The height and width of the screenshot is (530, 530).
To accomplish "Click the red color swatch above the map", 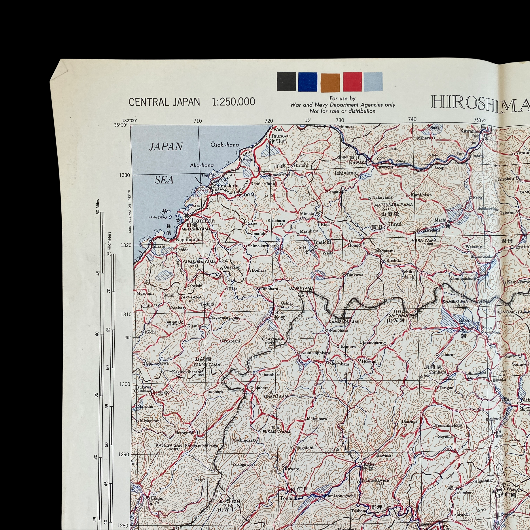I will [352, 82].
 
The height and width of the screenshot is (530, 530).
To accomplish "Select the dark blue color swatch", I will [308, 82].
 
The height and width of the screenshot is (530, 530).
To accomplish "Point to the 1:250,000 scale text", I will [233, 102].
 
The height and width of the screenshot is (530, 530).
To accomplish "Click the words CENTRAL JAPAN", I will [164, 102].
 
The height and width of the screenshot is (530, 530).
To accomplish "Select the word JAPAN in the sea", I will [166, 147].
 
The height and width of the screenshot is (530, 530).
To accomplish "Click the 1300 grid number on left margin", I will [125, 384].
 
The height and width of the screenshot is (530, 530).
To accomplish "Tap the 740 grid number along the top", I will [412, 119].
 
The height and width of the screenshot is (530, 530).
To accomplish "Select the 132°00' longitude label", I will [129, 120].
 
